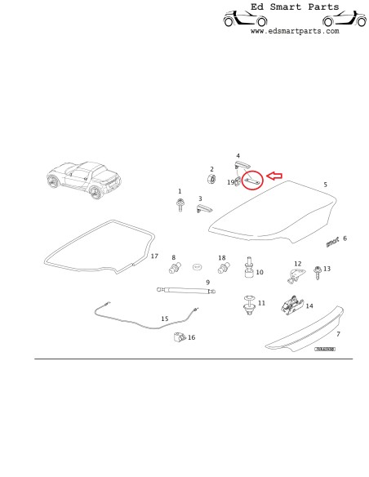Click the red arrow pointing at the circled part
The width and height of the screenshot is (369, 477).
click(273, 175)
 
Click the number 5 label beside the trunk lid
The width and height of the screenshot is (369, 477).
click(325, 185)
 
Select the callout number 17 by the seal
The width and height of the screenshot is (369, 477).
click(154, 256)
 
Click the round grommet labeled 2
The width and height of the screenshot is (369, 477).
click(211, 178)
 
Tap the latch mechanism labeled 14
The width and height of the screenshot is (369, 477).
click(291, 308)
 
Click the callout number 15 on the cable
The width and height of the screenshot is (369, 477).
click(165, 319)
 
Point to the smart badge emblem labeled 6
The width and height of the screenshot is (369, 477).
click(331, 241)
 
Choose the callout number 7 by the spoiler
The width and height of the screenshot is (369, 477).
click(338, 335)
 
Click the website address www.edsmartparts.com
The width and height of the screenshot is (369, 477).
click(294, 31)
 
